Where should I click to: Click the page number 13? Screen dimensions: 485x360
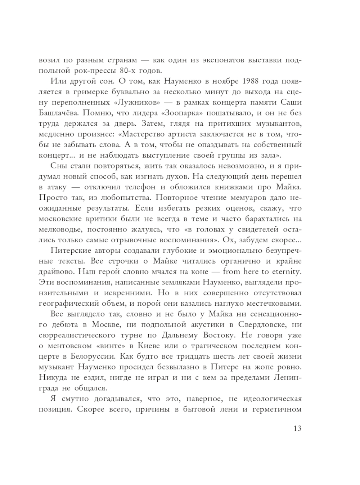[297, 428]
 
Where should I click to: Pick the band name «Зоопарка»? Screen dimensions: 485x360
[184, 113]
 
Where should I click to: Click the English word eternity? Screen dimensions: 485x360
[287, 271]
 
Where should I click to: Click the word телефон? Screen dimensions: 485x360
[140, 187]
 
